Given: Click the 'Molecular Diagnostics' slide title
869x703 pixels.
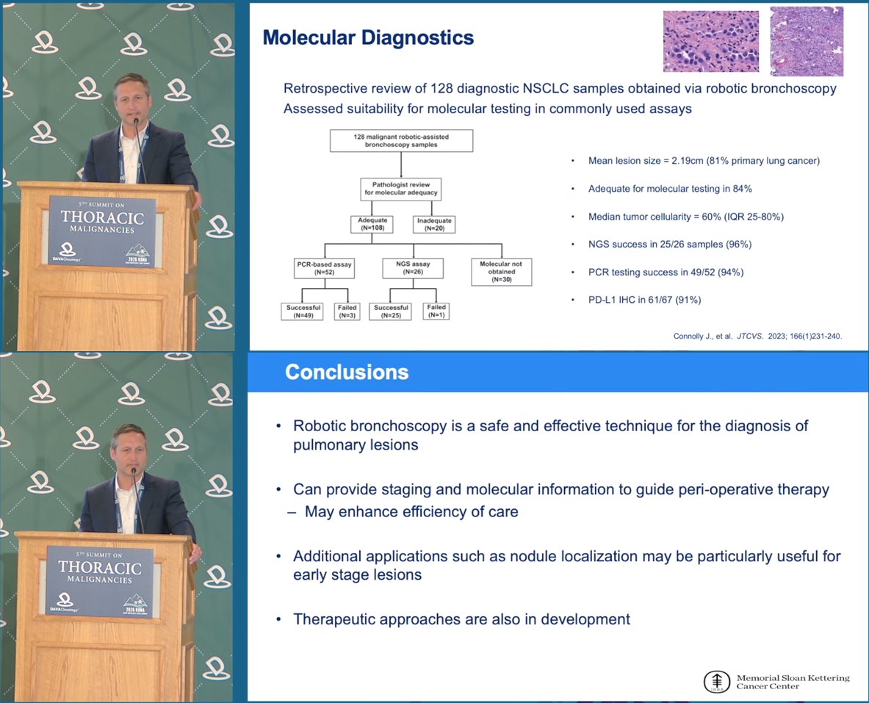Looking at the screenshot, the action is (368, 37).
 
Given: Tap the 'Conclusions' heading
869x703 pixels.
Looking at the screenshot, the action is (347, 372).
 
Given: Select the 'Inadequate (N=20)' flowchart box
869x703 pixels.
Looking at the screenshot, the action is (435, 224).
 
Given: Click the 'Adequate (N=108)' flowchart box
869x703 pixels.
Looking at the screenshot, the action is (372, 224).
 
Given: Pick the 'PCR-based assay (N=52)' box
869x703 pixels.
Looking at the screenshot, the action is (324, 268).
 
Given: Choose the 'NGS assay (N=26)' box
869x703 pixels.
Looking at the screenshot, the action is (413, 268).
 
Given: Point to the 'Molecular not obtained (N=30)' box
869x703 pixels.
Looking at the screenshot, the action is (501, 272).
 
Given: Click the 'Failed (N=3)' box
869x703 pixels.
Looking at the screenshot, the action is (347, 311).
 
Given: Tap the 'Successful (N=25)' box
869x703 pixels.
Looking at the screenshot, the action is (391, 311).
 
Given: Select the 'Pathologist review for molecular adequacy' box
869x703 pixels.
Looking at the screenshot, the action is (400, 189).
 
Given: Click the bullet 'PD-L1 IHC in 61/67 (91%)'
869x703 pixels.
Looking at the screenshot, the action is (644, 300).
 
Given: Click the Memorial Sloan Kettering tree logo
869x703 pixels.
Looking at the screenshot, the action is (717, 682).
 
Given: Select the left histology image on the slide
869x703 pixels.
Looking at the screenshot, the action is (711, 42).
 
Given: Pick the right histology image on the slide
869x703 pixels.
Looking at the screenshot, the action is (807, 42).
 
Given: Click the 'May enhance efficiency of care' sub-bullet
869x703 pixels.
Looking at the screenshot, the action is (411, 512).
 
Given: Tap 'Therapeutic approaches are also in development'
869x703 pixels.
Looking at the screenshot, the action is (461, 619).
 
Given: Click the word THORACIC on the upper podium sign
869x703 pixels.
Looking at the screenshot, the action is (102, 218).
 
